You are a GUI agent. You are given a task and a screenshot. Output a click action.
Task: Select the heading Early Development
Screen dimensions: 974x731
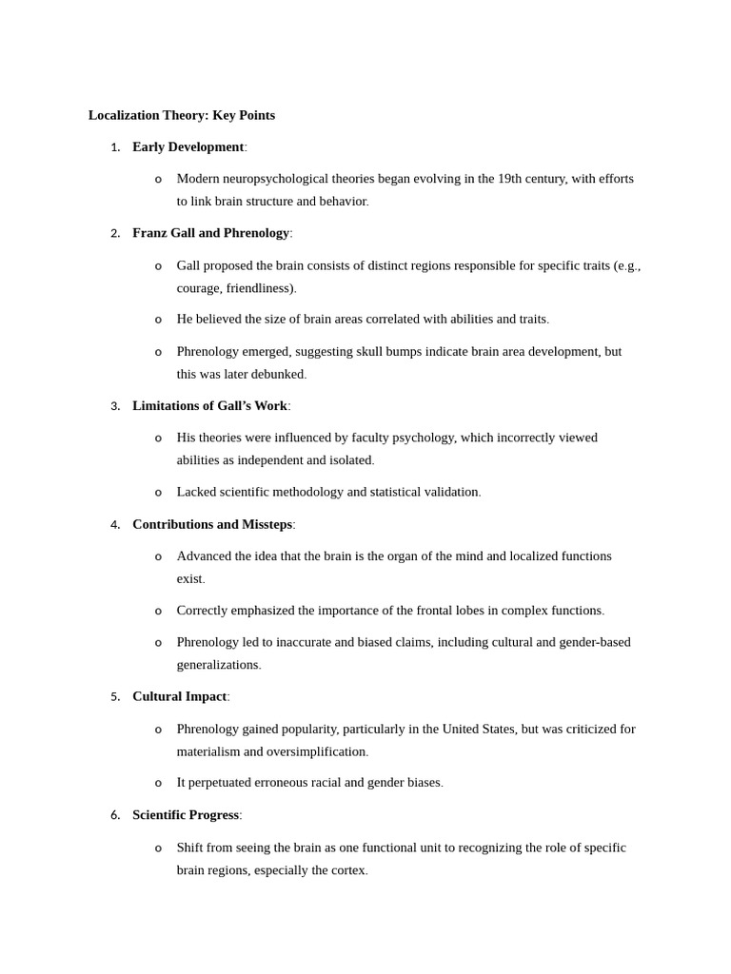point(188,146)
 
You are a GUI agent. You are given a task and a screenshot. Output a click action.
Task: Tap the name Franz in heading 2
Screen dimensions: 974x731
point(149,233)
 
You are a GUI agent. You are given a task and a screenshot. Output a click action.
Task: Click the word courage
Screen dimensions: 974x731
point(199,288)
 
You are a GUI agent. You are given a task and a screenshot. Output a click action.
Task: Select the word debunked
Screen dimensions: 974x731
point(277,374)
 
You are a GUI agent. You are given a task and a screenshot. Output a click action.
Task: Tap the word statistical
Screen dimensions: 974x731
point(399,492)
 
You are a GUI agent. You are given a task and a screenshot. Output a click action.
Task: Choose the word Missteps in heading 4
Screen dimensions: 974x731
point(267,524)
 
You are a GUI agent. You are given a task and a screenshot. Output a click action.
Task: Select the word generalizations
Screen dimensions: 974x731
point(217,665)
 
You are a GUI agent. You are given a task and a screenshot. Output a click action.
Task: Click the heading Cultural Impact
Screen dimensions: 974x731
point(179,696)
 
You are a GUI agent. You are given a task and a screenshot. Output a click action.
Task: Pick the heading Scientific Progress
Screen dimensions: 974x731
point(186,815)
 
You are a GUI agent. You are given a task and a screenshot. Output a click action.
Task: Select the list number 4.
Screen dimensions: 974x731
point(115,525)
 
